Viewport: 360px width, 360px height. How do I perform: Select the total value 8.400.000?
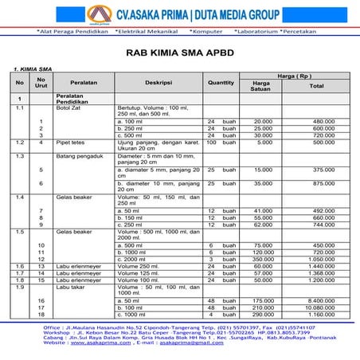pos(318,299)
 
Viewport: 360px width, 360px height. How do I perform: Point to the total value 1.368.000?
pos(318,273)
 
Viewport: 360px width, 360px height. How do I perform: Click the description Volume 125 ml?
pos(141,273)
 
